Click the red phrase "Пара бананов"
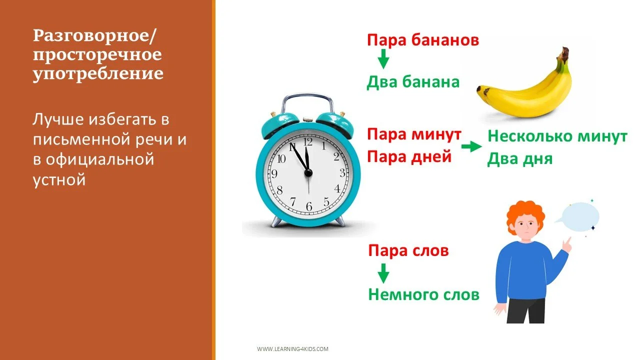point(423,40)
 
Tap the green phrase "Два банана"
point(413,82)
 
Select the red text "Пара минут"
point(414,134)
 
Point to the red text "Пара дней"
point(409,157)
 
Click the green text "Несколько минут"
point(557,136)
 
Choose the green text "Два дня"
point(520,159)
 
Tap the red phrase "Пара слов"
point(408,250)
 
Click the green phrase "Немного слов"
point(423,294)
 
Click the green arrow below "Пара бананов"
point(383,60)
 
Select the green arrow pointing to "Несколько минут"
point(469,147)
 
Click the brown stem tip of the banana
point(564,51)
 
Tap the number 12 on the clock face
point(308,142)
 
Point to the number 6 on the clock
point(309,206)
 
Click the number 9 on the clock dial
point(274,174)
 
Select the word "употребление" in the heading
point(98,73)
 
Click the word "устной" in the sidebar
point(59,179)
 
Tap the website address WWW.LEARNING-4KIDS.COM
point(292,349)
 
